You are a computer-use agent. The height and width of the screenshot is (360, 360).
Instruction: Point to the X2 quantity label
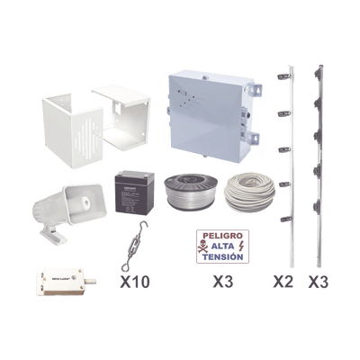pos(283,281)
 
